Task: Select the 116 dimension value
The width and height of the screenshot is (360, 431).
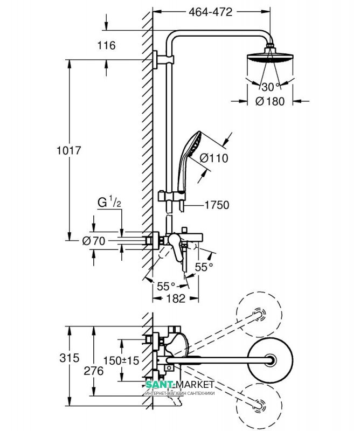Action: coord(107,45)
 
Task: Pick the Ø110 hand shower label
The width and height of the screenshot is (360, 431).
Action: coord(214,158)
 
